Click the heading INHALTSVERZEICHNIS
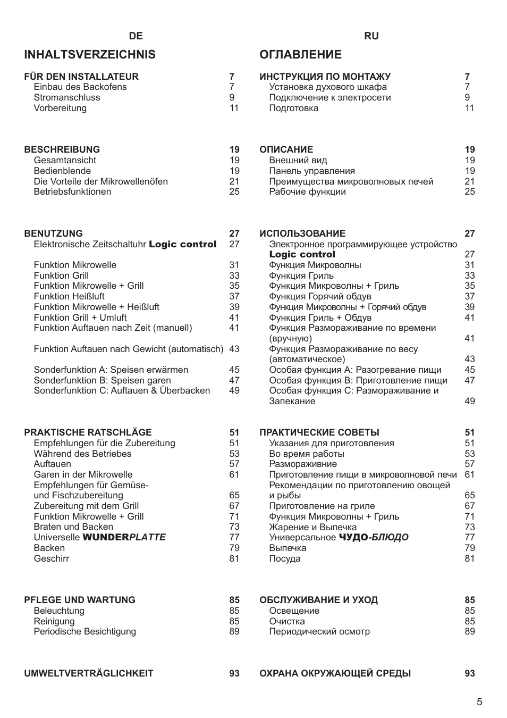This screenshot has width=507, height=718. pos(90,55)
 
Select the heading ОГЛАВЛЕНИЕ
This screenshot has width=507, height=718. pos(300,55)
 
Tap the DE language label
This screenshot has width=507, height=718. pos(136,36)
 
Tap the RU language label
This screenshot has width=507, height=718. pos(371,36)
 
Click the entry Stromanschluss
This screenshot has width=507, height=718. pos(67,98)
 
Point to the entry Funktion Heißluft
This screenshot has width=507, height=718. pos(69,297)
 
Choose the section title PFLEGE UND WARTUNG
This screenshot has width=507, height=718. pos(80,600)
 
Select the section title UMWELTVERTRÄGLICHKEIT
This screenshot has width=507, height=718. pos(89,674)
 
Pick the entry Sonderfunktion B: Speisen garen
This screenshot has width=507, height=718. pos(103,381)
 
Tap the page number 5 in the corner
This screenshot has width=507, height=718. pos(479,702)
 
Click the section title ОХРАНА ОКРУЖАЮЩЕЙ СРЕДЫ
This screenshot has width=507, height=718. pos(335,674)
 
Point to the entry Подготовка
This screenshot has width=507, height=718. pos(293,108)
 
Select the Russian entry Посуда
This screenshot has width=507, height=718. pos(285,559)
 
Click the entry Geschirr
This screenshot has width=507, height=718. pos(52,559)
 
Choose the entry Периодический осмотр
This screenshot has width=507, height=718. pos(319,632)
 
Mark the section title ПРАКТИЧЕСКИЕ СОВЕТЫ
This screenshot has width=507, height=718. pos(319,433)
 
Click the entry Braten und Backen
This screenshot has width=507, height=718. pos(73,527)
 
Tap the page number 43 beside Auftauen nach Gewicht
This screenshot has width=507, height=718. pos(234,349)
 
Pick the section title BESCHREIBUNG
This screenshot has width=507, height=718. pos(62,150)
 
